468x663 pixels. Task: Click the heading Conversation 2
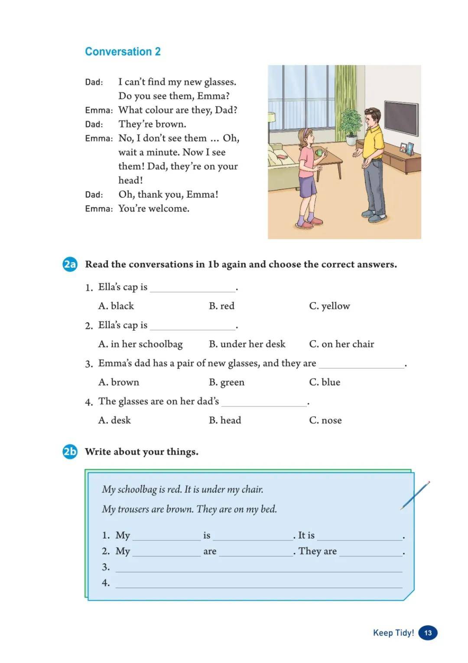tap(123, 52)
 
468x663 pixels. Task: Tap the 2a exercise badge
tap(70, 264)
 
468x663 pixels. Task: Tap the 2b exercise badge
tap(70, 452)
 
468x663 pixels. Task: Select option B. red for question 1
tap(221, 306)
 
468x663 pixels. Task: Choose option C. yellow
tap(329, 306)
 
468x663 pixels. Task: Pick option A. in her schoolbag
tap(140, 344)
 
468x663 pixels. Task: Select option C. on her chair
tap(341, 344)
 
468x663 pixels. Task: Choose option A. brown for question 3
tap(119, 382)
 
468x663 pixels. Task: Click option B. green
tap(227, 382)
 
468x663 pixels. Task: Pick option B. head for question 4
tap(225, 420)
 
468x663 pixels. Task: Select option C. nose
tap(325, 420)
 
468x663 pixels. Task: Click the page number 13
tap(428, 633)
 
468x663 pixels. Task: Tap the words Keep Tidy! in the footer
tap(393, 633)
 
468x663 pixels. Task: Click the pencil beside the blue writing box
tap(415, 495)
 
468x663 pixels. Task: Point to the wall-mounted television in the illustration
tap(401, 118)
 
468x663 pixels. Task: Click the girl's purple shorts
tap(308, 187)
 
